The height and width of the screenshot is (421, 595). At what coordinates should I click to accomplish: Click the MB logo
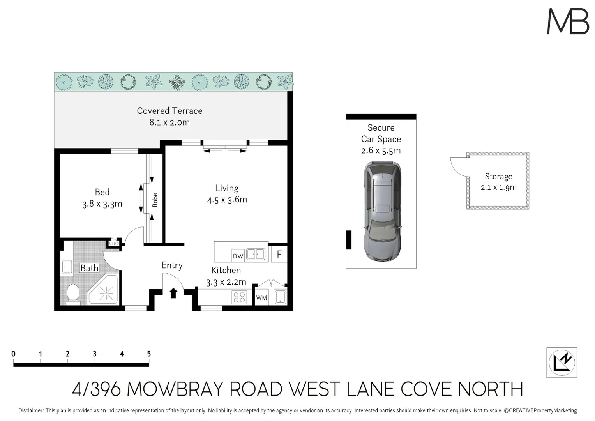(x=568, y=21)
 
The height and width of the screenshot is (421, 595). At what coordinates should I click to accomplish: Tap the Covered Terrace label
(x=169, y=111)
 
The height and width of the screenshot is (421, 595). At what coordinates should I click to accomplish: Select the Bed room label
(x=102, y=192)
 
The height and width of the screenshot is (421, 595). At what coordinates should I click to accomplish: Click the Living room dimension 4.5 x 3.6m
(x=227, y=200)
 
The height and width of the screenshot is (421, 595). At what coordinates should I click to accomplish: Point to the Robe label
(x=155, y=200)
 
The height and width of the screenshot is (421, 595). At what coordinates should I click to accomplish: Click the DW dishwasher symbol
(x=238, y=256)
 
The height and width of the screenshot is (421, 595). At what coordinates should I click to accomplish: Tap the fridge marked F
(x=279, y=255)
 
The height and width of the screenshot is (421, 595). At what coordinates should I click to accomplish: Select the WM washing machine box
(x=261, y=298)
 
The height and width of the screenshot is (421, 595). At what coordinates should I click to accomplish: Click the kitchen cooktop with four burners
(x=239, y=297)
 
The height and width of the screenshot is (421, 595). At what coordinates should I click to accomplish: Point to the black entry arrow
(x=174, y=292)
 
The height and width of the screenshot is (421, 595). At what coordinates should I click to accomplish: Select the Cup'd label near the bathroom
(x=114, y=243)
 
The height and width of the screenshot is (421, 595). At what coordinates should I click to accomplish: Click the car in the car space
(x=382, y=211)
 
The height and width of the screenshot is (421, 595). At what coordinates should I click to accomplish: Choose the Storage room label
(x=498, y=177)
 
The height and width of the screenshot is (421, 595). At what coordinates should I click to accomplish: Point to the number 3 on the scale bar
(x=95, y=354)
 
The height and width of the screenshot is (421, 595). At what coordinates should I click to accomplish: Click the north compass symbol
(x=561, y=363)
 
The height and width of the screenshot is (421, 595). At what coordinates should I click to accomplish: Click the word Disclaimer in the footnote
(x=31, y=410)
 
